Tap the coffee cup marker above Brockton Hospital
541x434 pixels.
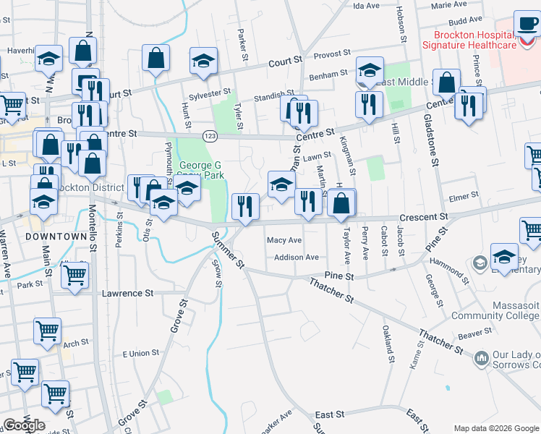(526, 24)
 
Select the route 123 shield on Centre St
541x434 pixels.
(209, 136)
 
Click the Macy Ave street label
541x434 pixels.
(284, 239)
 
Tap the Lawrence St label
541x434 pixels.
(127, 294)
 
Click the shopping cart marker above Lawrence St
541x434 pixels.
(74, 276)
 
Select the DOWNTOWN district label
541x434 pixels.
(55, 237)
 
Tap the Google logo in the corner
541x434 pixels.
(24, 425)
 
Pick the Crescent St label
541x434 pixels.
(425, 216)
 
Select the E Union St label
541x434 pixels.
(140, 353)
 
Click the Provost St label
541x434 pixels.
(332, 53)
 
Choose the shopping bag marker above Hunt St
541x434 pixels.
(156, 60)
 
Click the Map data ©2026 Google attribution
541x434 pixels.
(495, 428)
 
